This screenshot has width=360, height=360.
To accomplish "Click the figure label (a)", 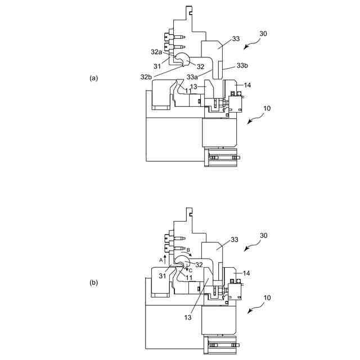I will [x=94, y=78].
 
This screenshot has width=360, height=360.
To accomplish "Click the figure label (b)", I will [x=94, y=283].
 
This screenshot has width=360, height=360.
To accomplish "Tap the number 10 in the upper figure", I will [x=266, y=107].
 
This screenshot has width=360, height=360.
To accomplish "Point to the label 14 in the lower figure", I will [x=247, y=273].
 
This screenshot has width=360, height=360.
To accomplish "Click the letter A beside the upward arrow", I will [x=160, y=260].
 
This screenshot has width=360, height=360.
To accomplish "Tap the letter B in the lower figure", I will [x=188, y=249].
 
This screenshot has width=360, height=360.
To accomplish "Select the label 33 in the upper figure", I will [x=235, y=39].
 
